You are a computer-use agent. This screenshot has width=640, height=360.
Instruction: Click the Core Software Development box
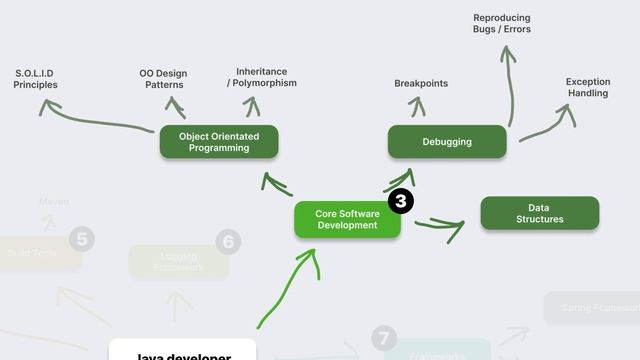347,219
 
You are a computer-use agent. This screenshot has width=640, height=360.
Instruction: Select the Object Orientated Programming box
219,142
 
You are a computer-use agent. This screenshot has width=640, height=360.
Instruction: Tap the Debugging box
447,142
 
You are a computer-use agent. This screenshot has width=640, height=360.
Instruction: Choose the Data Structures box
540,213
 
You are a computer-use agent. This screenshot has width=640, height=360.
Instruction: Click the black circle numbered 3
401,201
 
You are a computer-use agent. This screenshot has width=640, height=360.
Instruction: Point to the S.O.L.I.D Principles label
35,79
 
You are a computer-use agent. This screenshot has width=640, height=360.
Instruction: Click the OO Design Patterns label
163,79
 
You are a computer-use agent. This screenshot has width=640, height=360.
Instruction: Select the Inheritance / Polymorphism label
262,77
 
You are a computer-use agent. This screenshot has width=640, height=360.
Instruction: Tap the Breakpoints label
421,84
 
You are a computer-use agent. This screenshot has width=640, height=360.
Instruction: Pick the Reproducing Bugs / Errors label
502,24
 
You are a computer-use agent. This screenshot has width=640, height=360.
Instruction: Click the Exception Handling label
588,88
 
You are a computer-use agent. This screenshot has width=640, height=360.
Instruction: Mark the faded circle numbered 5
83,238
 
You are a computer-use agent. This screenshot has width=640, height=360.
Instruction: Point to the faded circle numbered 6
229,241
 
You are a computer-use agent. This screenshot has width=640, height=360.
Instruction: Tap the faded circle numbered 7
384,338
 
